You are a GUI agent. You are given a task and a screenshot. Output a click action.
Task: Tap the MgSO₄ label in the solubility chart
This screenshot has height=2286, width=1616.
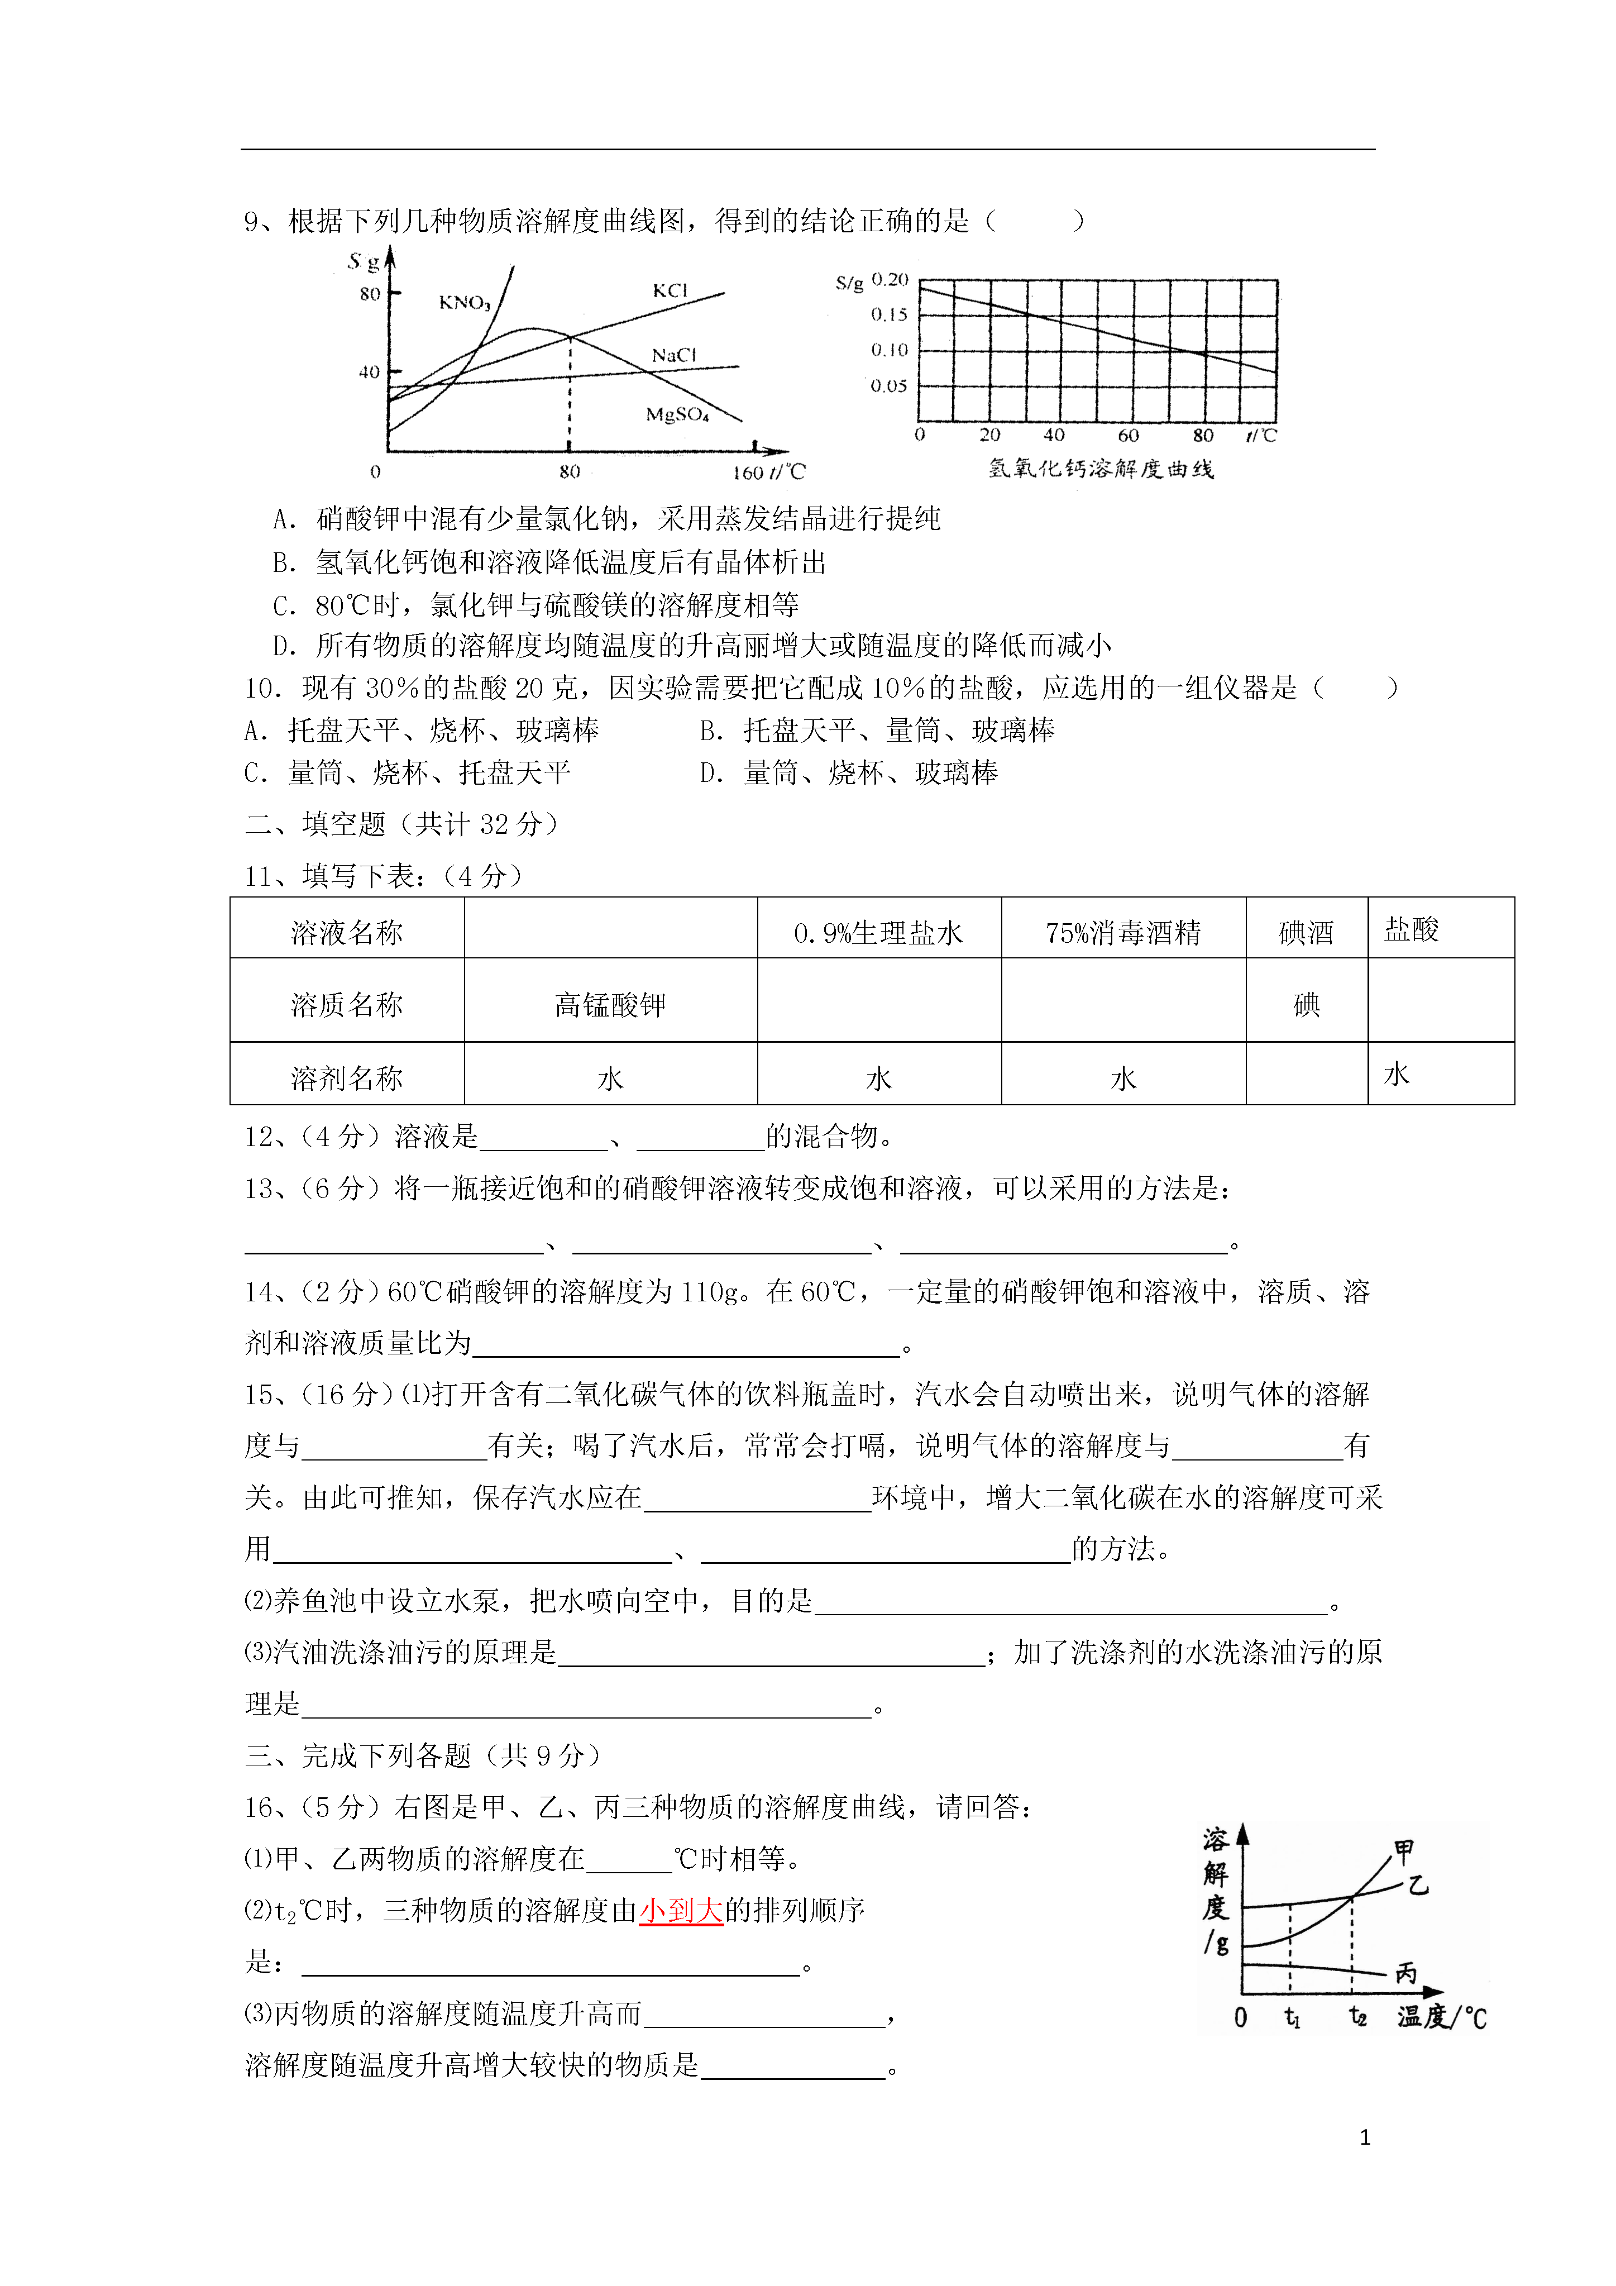(x=677, y=414)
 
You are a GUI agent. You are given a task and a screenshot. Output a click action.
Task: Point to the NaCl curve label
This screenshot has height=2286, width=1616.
(x=674, y=355)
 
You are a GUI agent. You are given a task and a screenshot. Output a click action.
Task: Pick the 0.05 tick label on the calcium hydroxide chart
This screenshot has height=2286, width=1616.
(x=889, y=386)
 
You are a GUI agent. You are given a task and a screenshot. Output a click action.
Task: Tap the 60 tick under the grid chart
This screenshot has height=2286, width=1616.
(x=1128, y=435)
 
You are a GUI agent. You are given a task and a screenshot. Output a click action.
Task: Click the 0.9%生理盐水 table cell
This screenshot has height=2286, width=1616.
(x=878, y=933)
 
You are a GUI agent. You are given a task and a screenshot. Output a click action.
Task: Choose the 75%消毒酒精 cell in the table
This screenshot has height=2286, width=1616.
(x=1123, y=933)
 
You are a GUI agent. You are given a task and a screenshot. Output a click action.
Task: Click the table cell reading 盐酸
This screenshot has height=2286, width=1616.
(x=1412, y=930)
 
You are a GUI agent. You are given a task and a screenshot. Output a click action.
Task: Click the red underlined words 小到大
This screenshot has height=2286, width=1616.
(x=681, y=1910)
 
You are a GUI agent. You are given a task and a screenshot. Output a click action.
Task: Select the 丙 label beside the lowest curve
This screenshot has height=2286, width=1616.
(x=1406, y=1972)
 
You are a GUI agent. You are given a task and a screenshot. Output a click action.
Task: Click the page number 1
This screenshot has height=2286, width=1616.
(x=1365, y=2137)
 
